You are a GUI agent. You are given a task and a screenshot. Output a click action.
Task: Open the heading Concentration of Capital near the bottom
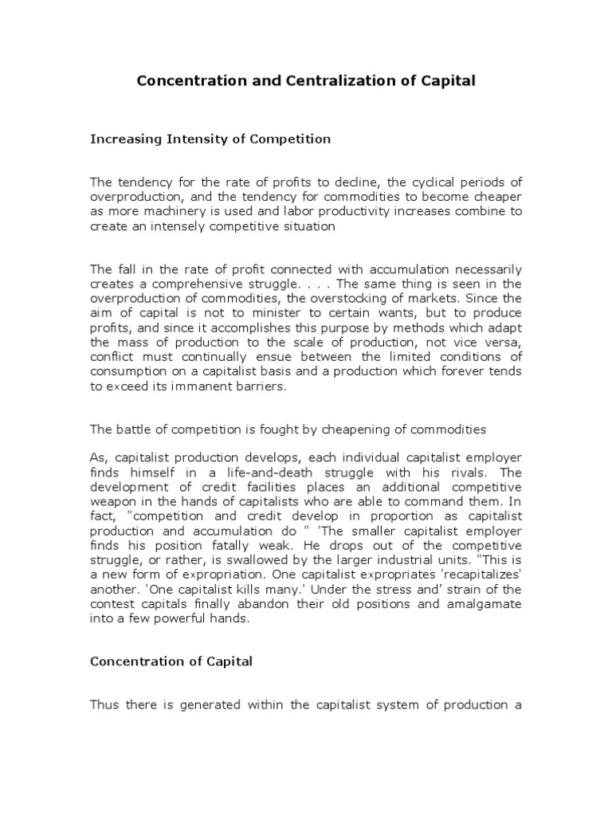(171, 662)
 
